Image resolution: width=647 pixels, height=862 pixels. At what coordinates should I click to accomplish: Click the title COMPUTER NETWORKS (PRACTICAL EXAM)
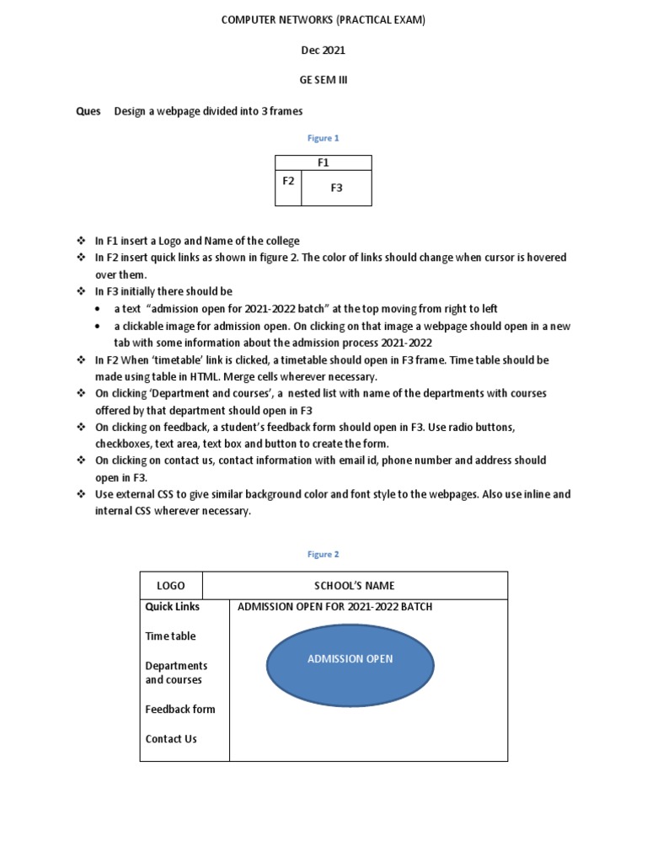click(x=323, y=20)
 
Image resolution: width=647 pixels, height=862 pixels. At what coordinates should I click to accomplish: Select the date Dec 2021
click(x=323, y=51)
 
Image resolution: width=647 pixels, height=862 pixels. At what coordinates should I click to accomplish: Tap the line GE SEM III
click(x=323, y=80)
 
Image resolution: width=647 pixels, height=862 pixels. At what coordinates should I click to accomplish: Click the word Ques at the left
click(x=88, y=111)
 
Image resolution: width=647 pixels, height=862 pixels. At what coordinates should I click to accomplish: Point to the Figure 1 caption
click(x=323, y=138)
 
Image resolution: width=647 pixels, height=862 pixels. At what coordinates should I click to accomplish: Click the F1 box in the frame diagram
click(x=323, y=163)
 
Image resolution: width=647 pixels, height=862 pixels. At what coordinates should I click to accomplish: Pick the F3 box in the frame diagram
click(x=336, y=189)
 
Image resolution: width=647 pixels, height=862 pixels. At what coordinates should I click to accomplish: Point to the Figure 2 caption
click(x=323, y=555)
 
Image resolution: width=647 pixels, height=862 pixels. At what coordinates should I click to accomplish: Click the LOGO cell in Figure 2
click(x=171, y=586)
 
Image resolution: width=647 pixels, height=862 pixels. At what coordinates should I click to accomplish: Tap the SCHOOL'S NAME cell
click(x=354, y=586)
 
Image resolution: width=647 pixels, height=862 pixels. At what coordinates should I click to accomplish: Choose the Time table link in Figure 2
click(x=170, y=636)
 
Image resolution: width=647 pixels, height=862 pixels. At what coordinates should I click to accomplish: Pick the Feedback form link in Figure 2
click(x=179, y=710)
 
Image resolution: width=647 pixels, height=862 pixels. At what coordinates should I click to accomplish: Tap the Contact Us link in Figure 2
click(x=171, y=739)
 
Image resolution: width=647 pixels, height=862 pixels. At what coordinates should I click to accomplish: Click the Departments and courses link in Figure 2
click(x=176, y=673)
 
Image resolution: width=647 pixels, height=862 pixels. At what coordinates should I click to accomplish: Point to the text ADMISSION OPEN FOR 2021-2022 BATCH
click(x=334, y=607)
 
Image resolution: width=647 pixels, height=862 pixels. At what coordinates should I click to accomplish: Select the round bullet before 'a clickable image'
click(x=99, y=327)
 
